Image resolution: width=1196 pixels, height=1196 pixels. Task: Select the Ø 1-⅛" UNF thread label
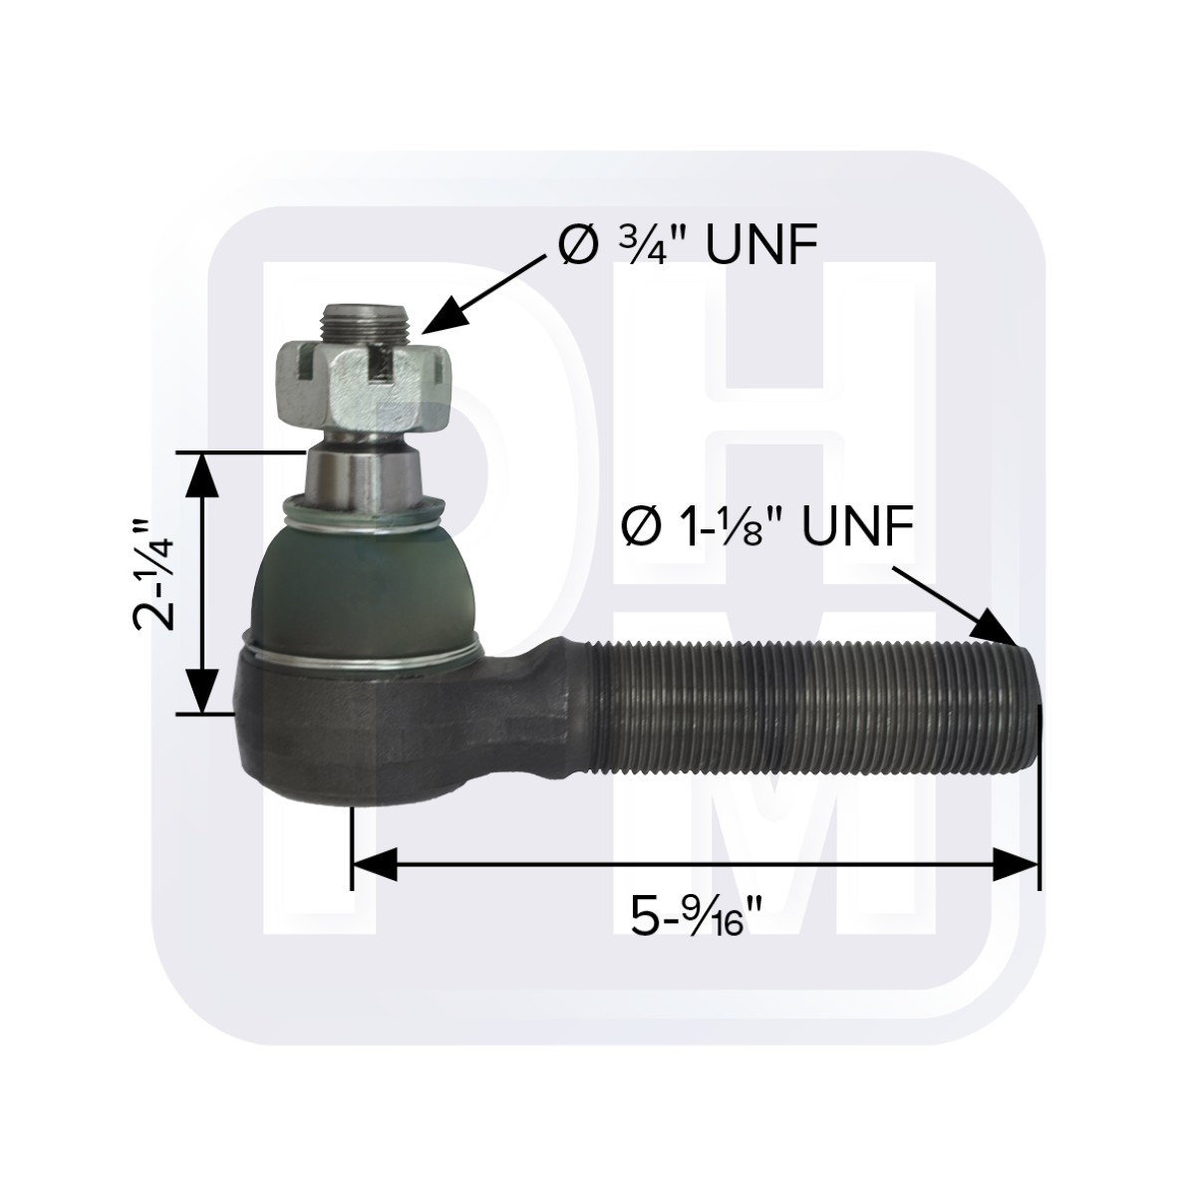point(767,527)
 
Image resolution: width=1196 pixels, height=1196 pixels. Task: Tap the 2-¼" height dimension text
point(153,575)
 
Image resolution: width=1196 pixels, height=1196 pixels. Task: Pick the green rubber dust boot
point(366,590)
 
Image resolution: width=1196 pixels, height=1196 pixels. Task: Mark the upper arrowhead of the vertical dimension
point(202,474)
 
